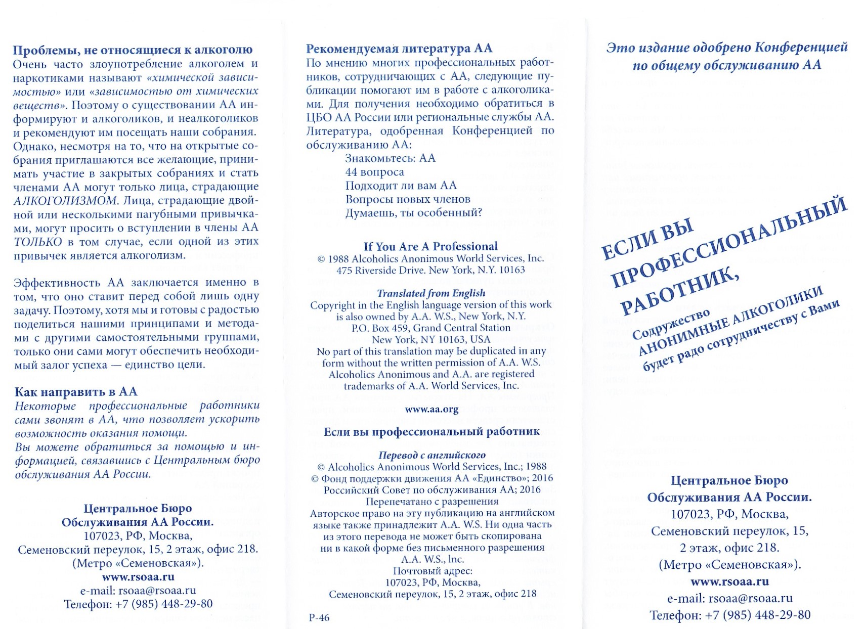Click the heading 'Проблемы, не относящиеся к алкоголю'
pyautogui.click(x=133, y=50)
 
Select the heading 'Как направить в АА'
pyautogui.click(x=76, y=392)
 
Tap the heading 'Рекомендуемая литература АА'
pyautogui.click(x=399, y=49)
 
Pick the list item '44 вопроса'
pyautogui.click(x=374, y=172)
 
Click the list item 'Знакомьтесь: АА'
pyautogui.click(x=390, y=158)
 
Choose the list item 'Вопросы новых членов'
pyautogui.click(x=408, y=199)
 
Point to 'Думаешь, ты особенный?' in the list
pyautogui.click(x=414, y=213)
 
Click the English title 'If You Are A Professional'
pyautogui.click(x=430, y=247)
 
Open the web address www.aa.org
pyautogui.click(x=431, y=410)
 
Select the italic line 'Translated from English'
pyautogui.click(x=430, y=293)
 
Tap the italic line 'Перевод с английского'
pyautogui.click(x=431, y=455)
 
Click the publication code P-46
pyautogui.click(x=319, y=617)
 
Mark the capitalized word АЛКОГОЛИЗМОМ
pyautogui.click(x=66, y=200)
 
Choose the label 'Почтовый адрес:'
pyautogui.click(x=433, y=571)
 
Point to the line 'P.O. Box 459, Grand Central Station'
pyautogui.click(x=431, y=328)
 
